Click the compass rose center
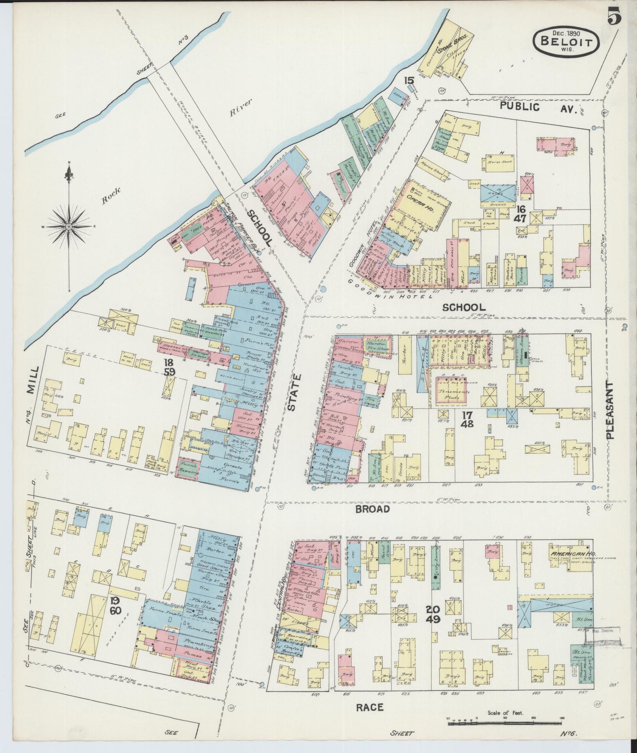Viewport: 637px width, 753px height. (x=69, y=227)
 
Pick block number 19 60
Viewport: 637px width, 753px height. (x=115, y=605)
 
